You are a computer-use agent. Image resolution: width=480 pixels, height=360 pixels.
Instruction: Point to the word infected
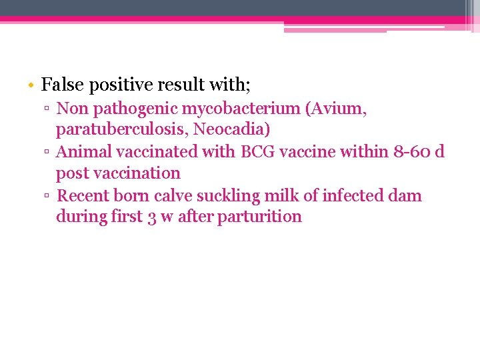pos(353,195)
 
